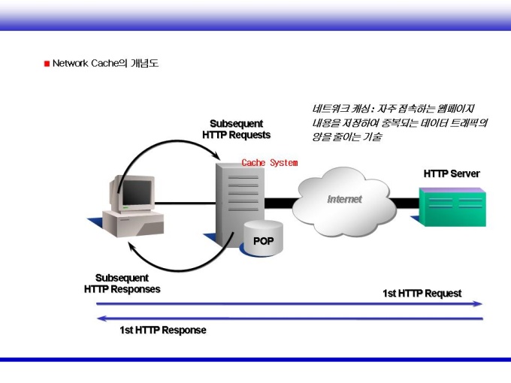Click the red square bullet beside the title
click(47, 64)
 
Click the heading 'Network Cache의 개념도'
click(106, 63)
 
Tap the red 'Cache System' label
click(270, 162)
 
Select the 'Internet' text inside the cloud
click(344, 199)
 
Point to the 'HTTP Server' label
click(452, 173)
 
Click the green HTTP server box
click(452, 207)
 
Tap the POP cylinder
click(263, 238)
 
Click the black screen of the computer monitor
click(137, 192)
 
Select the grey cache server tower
click(240, 204)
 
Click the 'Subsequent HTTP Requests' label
click(236, 129)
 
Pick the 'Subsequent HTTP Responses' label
click(122, 284)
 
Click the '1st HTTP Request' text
click(422, 294)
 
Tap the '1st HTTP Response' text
click(163, 330)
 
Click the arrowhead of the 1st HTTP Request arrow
click(479, 304)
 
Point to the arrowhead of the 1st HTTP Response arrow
click(101, 318)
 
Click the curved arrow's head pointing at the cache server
click(217, 155)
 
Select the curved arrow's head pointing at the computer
click(131, 246)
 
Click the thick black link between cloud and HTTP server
click(405, 203)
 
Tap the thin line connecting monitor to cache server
click(185, 204)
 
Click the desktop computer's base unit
click(133, 224)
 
